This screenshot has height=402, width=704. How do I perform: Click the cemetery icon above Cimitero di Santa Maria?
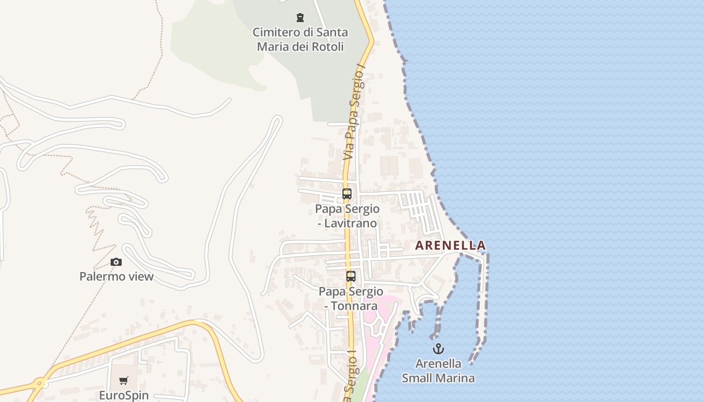[300, 18]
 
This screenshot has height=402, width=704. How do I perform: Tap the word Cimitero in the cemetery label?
[276, 33]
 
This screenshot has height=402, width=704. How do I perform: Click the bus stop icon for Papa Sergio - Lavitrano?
[346, 194]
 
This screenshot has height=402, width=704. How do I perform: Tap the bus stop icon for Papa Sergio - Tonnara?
[350, 276]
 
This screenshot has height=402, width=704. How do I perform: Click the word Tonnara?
[355, 306]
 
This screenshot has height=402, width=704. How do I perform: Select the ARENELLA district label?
[450, 246]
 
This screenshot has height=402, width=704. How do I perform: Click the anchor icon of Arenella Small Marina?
[438, 349]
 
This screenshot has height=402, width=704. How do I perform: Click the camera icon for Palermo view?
[116, 262]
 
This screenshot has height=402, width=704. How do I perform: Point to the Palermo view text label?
[116, 276]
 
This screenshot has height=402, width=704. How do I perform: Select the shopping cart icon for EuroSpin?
[124, 381]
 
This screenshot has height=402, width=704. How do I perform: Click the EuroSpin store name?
[124, 395]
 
